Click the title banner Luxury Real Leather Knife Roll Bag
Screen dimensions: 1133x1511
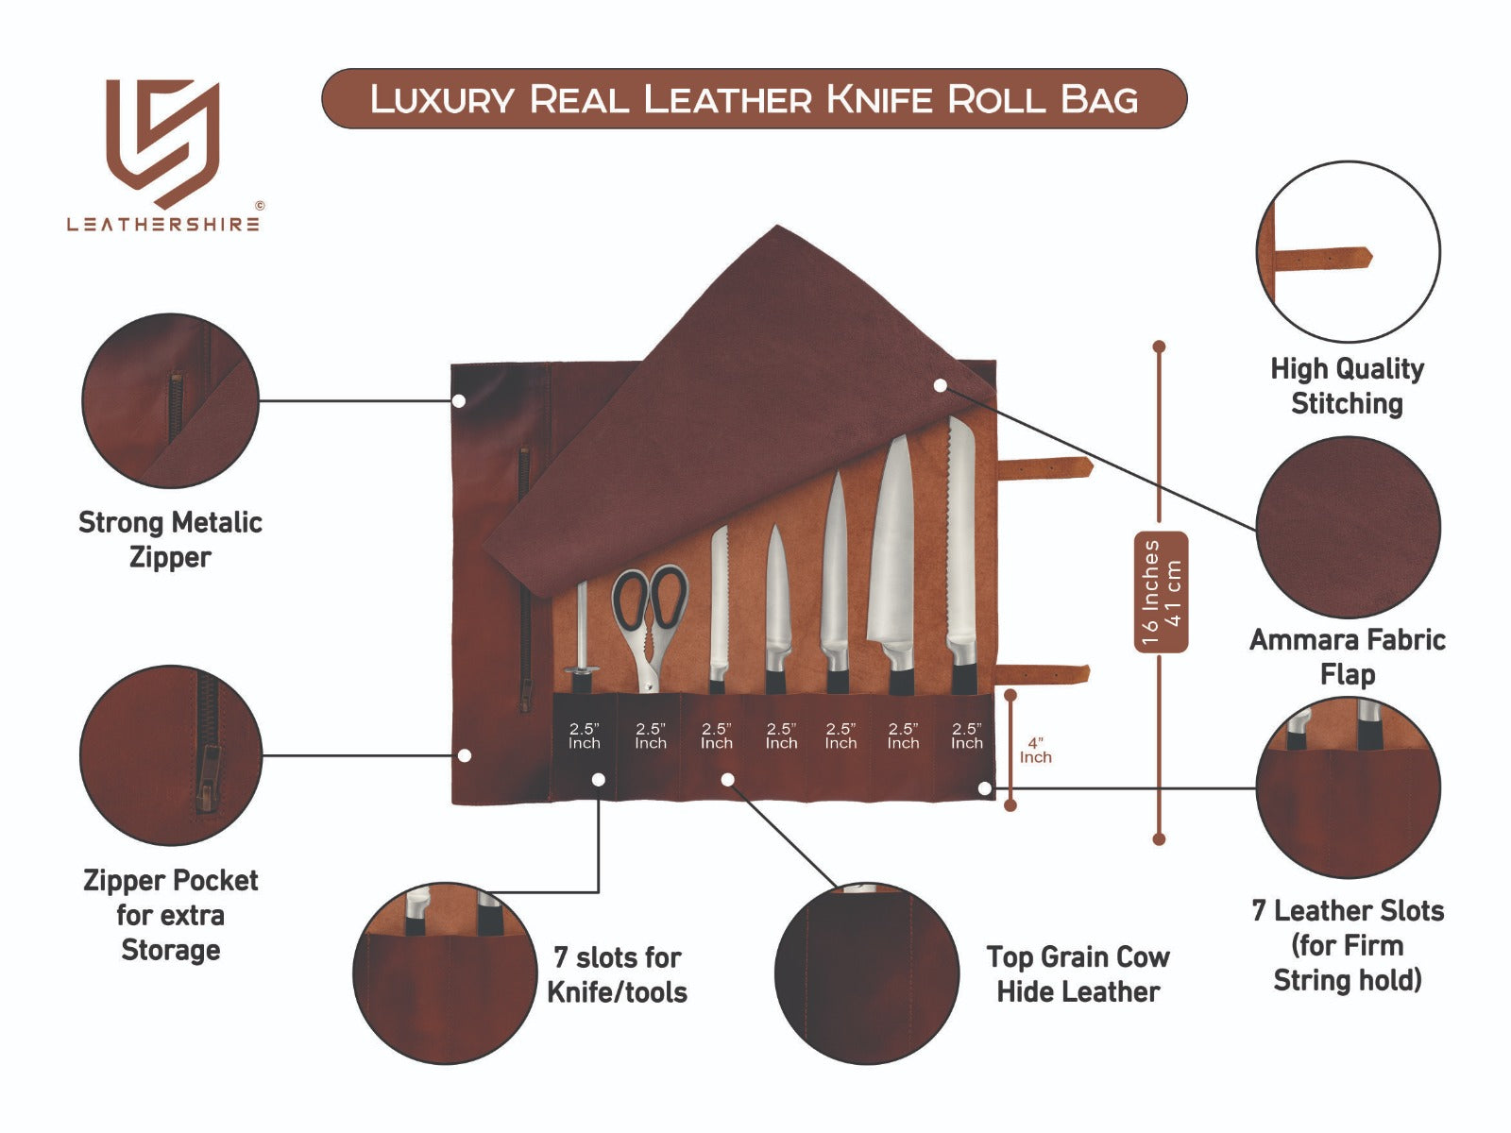coord(754,99)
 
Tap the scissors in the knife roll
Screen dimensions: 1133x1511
coord(649,614)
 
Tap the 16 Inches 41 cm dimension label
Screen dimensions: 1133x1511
coord(1161,592)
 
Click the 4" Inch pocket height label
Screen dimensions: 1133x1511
coord(1035,751)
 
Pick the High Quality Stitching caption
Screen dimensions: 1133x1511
coord(1347,385)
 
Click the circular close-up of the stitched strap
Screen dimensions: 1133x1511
coord(1348,252)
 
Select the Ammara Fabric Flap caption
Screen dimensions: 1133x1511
coord(1347,656)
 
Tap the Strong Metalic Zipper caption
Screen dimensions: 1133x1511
coord(170,539)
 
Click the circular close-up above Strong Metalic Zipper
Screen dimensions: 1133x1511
coord(170,400)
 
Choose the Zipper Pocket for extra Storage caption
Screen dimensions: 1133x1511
coord(170,914)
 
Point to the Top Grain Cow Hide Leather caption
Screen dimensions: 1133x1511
coord(1078,973)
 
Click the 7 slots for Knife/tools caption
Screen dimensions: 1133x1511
coord(618,973)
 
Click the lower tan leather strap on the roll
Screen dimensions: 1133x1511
coord(1044,674)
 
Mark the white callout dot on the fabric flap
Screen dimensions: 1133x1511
coord(940,385)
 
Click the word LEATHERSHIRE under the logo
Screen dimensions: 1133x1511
coord(162,225)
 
